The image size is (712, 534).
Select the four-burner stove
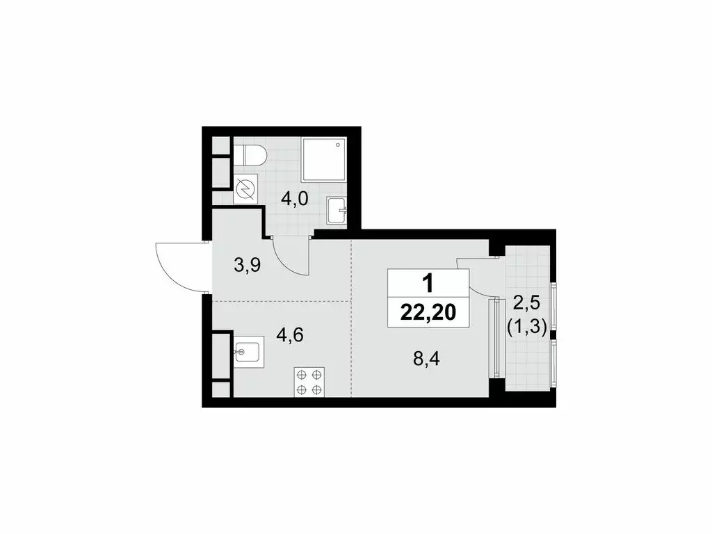(x=309, y=382)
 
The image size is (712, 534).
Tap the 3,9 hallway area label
(x=247, y=266)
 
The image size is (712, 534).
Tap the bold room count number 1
(x=428, y=283)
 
